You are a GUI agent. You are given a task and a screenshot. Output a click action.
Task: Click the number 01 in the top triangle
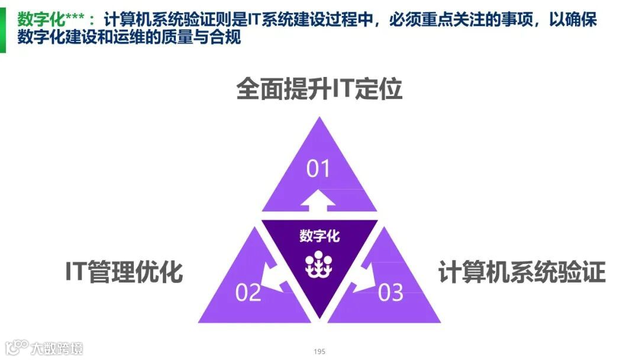pos(318,169)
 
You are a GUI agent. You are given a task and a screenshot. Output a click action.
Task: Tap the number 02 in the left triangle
pos(248,292)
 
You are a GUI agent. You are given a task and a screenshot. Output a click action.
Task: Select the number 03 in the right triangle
pos(390,292)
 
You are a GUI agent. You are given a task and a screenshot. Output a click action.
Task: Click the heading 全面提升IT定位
pos(319,90)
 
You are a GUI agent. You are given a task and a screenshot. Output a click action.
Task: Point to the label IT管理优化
pos(124,272)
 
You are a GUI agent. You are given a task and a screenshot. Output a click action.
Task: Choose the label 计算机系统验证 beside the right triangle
pos(522,272)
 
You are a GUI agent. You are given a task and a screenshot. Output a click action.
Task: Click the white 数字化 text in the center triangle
pos(319,236)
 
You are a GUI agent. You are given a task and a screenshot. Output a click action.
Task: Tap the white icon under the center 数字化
pos(319,265)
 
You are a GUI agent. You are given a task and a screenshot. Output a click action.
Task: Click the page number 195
pos(319,352)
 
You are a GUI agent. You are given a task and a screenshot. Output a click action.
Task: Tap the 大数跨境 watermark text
pos(57,347)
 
